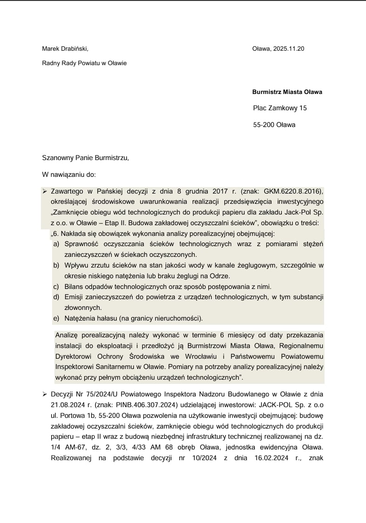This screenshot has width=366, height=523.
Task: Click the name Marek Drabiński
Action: tap(65, 48)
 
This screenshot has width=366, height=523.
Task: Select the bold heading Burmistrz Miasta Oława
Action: tap(287, 92)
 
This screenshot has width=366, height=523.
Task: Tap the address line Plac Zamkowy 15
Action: tap(280, 108)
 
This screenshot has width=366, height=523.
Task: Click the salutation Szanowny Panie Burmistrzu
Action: tap(85, 158)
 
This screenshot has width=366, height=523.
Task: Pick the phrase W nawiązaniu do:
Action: tap(69, 174)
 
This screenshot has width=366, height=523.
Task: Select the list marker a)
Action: tap(56, 244)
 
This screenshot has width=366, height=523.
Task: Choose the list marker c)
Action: tap(56, 286)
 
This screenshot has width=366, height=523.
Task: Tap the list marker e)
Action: tap(56, 318)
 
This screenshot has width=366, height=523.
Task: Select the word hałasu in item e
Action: tap(106, 318)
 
